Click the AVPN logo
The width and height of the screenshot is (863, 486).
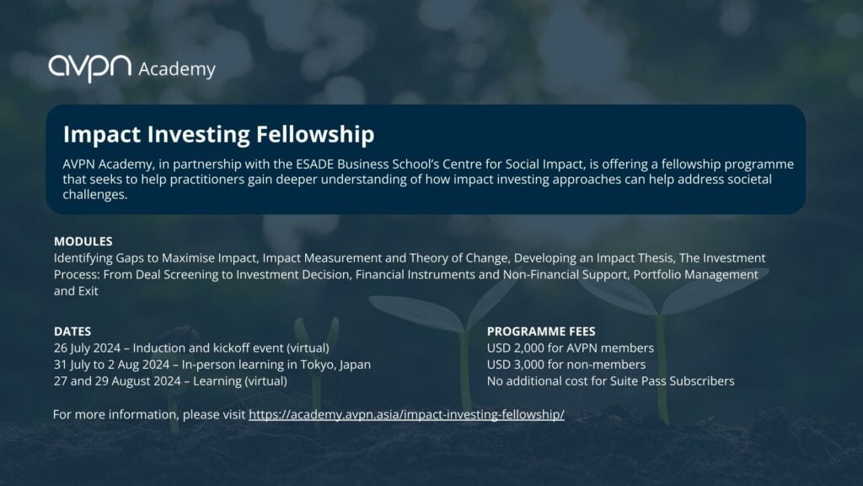pos(89,67)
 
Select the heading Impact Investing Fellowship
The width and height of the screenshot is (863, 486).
pos(218,134)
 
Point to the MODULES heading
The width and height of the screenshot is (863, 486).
pos(83,241)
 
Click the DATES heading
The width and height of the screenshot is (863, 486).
pos(72,332)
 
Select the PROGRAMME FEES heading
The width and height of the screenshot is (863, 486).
pos(541,332)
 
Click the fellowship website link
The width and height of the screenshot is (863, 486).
pos(406,414)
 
